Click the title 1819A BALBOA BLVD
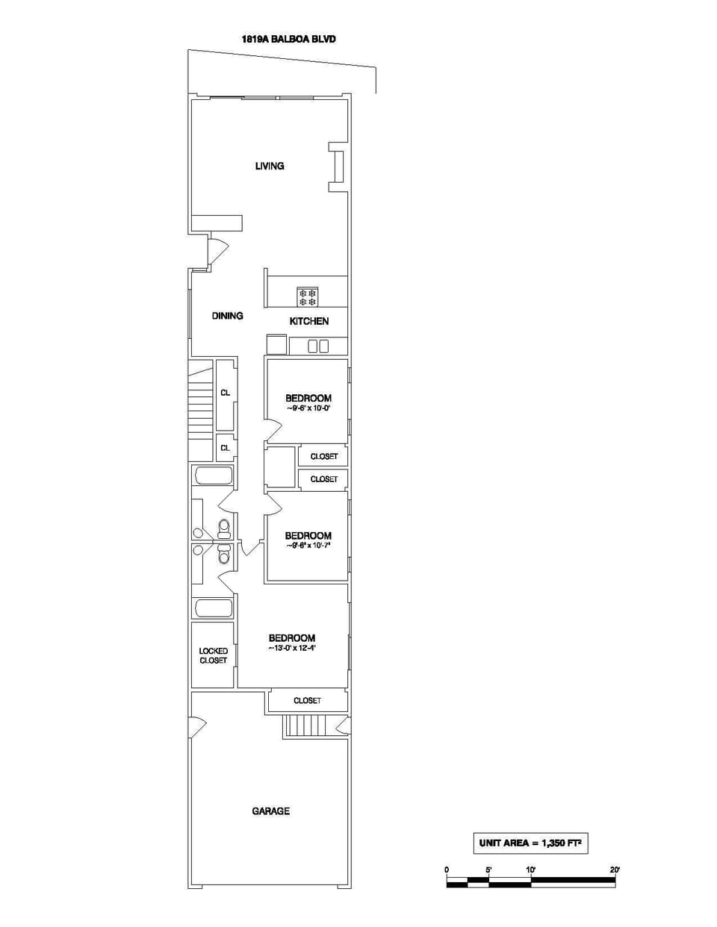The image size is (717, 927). (x=288, y=39)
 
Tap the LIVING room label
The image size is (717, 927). (x=270, y=166)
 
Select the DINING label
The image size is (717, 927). (x=227, y=316)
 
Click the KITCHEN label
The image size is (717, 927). (x=309, y=321)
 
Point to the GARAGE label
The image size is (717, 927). (x=270, y=811)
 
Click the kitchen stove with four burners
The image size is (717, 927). (x=308, y=297)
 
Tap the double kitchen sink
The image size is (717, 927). (x=318, y=346)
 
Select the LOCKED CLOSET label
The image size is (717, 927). (x=213, y=655)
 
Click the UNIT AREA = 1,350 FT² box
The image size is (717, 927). (x=530, y=843)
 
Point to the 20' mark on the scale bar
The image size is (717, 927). (x=615, y=870)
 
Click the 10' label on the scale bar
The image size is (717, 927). (x=530, y=870)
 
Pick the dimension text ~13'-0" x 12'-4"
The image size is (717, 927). (x=292, y=649)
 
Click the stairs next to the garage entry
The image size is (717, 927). (x=308, y=725)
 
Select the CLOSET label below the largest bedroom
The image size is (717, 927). (x=307, y=700)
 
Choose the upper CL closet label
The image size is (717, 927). (x=225, y=393)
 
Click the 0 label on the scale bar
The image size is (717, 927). (x=447, y=870)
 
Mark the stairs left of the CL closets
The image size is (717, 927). (x=200, y=411)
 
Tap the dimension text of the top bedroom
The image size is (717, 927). (x=308, y=408)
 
